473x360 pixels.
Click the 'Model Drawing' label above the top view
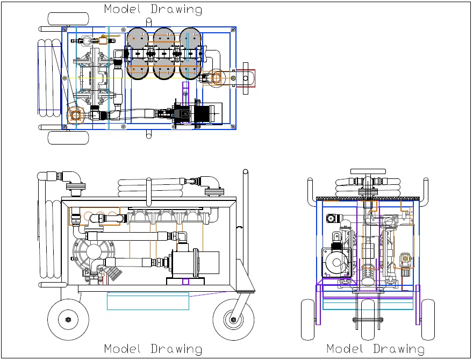[153, 9]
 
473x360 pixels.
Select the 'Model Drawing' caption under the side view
[153, 349]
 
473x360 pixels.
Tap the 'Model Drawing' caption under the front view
[375, 349]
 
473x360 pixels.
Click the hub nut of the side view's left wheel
[68, 320]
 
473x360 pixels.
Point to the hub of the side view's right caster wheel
[233, 320]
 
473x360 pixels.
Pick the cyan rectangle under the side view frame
[148, 301]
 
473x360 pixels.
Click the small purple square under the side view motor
[186, 282]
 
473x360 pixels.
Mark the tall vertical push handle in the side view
[245, 226]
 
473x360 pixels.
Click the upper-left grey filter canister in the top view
[139, 40]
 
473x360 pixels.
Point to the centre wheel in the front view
[368, 319]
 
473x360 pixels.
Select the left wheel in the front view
[307, 319]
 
